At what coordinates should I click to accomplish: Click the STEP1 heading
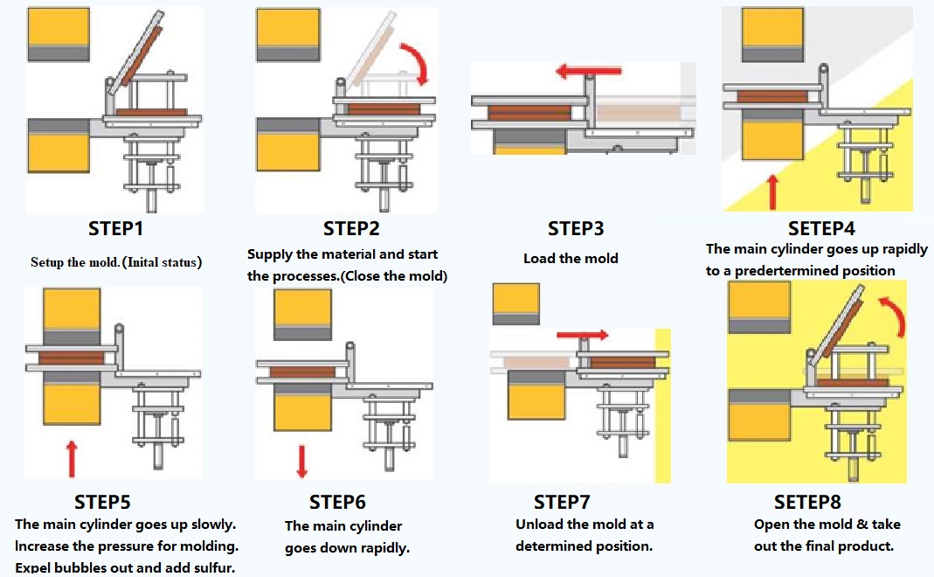pyautogui.click(x=115, y=228)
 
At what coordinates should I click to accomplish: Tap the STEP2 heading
pyautogui.click(x=351, y=228)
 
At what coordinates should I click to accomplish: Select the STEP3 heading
pyautogui.click(x=576, y=228)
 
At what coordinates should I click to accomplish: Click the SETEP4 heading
pyautogui.click(x=821, y=228)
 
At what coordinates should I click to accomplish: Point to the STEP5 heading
pyautogui.click(x=102, y=502)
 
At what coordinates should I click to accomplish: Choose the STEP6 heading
pyautogui.click(x=337, y=502)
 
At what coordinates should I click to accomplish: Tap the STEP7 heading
pyautogui.click(x=562, y=502)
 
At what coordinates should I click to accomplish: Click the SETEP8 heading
pyautogui.click(x=807, y=502)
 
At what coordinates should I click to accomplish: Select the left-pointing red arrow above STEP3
pyautogui.click(x=588, y=72)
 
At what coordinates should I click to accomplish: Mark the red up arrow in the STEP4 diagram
pyautogui.click(x=772, y=192)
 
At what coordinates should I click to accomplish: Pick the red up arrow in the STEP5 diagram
pyautogui.click(x=72, y=459)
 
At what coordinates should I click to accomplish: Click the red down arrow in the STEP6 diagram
pyautogui.click(x=302, y=462)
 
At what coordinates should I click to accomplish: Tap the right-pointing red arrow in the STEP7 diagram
pyautogui.click(x=583, y=335)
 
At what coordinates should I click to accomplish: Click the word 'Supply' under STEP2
pyautogui.click(x=269, y=255)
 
